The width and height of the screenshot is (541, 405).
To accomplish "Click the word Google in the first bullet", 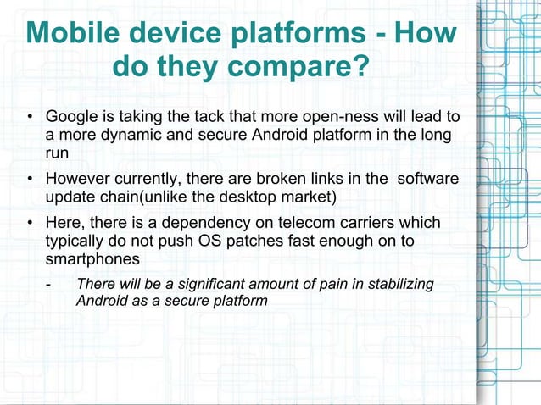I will [x=72, y=115].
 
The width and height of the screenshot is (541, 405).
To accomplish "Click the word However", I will [x=77, y=179].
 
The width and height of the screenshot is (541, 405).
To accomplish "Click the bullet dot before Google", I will [x=30, y=116].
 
